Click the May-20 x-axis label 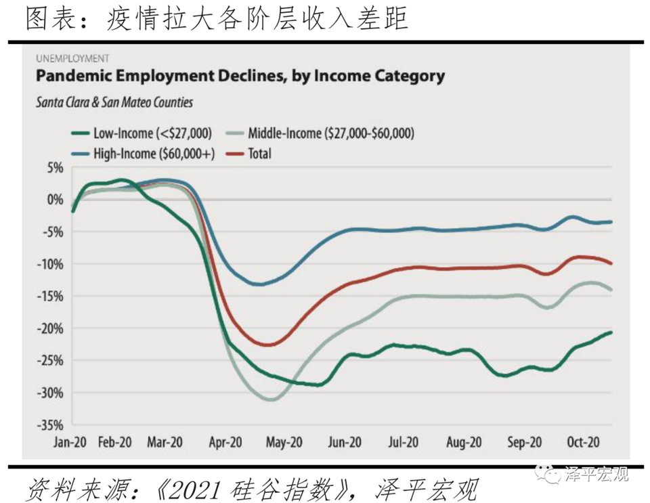[285, 443]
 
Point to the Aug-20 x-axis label [464, 443]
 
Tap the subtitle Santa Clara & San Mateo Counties [114, 103]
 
